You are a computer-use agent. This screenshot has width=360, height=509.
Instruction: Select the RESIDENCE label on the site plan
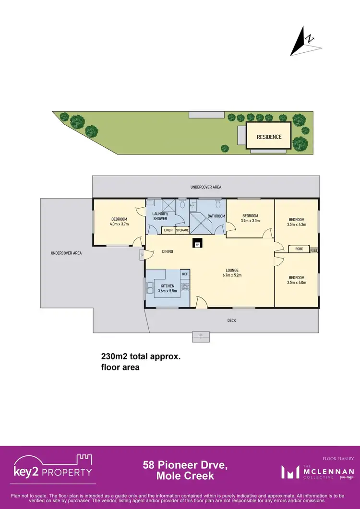269,137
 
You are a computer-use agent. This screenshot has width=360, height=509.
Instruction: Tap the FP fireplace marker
197,244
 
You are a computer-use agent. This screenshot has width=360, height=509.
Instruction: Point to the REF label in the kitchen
185,274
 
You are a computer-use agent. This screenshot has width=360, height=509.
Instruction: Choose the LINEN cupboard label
168,231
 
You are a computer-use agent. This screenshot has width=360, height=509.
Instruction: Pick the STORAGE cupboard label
182,231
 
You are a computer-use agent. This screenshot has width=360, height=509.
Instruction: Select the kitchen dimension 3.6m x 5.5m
168,291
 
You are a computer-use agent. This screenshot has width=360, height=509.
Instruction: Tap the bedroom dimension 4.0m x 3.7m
120,224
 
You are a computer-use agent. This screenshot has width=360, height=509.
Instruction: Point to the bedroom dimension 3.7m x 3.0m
250,221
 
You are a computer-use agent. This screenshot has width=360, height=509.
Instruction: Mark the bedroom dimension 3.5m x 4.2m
296,224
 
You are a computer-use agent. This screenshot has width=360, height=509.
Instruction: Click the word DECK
231,320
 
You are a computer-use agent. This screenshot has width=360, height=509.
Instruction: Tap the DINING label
167,251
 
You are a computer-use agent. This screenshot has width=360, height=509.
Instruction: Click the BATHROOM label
216,216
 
